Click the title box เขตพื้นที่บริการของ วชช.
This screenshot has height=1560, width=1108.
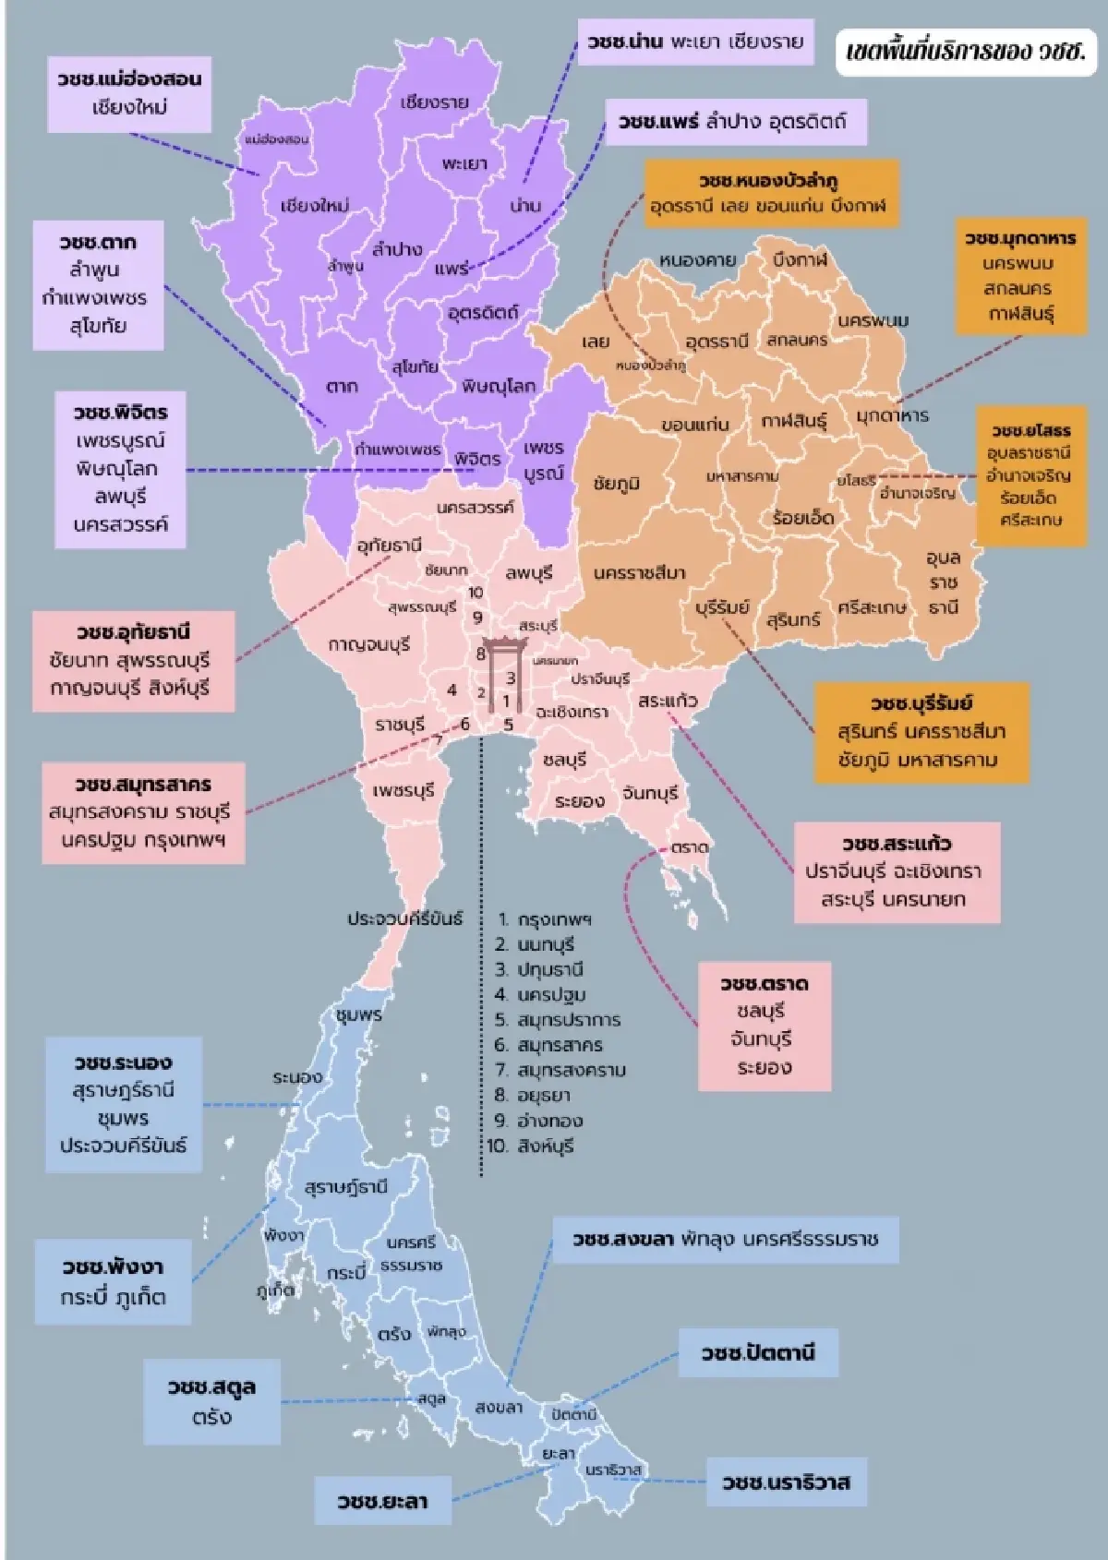point(964,52)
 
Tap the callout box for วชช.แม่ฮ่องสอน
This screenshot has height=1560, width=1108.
point(129,92)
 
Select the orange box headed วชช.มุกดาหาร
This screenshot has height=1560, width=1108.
point(1019,275)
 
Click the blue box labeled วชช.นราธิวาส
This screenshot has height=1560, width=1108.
point(786,1482)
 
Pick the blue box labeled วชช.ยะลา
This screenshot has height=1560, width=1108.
point(382,1501)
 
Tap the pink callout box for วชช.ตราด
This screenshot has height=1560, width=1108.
point(764,1026)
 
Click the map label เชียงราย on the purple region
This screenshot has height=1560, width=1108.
point(434,102)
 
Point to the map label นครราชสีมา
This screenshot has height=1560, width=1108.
point(639,573)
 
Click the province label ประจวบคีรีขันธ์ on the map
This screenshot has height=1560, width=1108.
point(404,918)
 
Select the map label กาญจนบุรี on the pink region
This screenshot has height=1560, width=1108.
point(369,644)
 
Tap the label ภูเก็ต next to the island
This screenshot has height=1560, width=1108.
point(275,1290)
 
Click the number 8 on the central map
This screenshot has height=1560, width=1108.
point(480,654)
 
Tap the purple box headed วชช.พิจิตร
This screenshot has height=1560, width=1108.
point(121,469)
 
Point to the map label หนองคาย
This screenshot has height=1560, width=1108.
point(697,260)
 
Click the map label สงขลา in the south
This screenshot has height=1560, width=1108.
point(499,1408)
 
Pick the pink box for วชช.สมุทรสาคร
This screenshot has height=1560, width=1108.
point(143,812)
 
